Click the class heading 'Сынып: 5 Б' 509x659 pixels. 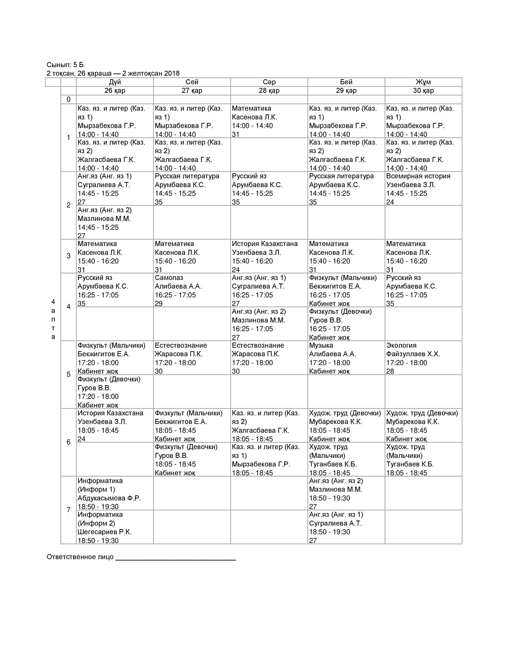(65, 65)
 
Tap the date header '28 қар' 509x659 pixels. (269, 90)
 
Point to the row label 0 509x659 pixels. (68, 99)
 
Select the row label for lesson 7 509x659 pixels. (68, 510)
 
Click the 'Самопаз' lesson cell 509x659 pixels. (192, 290)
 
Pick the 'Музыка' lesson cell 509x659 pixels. (346, 358)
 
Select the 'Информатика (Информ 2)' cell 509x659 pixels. (115, 527)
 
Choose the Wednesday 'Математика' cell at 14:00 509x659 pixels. (269, 121)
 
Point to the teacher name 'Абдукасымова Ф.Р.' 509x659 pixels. (109, 498)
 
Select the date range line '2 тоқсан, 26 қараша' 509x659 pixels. (113, 73)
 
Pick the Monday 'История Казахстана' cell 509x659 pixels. (115, 425)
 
